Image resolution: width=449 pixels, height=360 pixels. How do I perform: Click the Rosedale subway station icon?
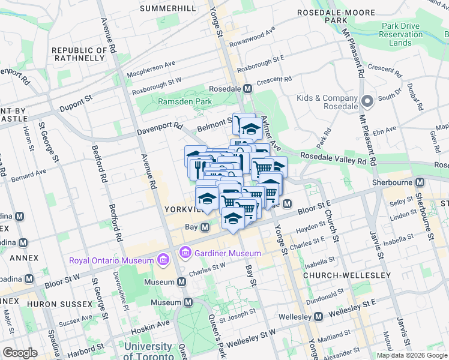247,88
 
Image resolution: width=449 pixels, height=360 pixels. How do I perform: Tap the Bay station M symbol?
205,227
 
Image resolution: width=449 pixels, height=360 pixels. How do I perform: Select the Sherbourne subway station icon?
420,181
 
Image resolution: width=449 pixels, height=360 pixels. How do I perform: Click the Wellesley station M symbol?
318,316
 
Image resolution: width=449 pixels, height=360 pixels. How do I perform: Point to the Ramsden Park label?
185,102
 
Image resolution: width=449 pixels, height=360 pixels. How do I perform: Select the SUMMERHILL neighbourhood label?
167,8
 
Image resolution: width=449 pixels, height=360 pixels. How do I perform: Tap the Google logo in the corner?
20,352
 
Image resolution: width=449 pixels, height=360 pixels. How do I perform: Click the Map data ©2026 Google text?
411,355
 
